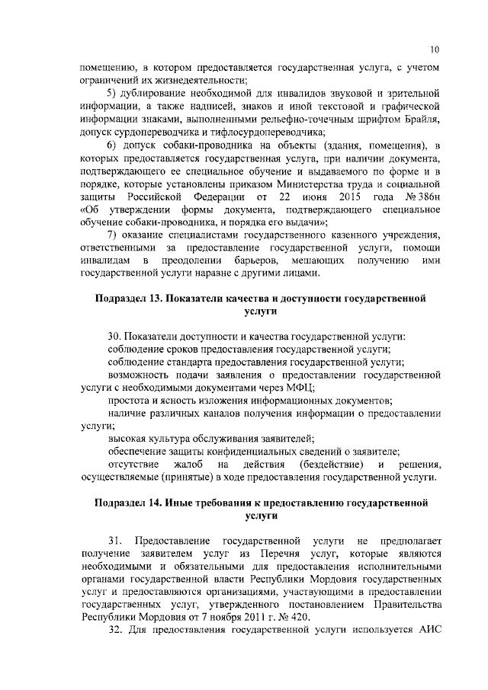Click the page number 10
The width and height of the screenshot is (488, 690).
pyautogui.click(x=434, y=50)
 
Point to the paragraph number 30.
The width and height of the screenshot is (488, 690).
pyautogui.click(x=115, y=336)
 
